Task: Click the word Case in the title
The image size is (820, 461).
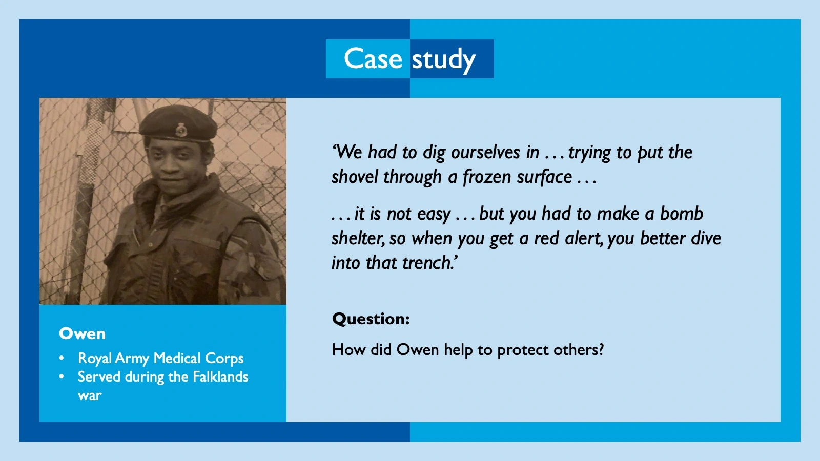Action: [373, 58]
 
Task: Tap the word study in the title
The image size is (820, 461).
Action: [444, 60]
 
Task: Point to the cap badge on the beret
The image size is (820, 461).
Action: [181, 130]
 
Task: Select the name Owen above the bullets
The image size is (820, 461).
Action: [82, 333]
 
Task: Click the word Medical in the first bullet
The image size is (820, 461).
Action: [177, 358]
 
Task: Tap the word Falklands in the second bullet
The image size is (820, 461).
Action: [220, 377]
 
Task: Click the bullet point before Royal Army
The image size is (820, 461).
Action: [61, 358]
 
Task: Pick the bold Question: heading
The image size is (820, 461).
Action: [371, 319]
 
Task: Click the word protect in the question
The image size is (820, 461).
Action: [523, 350]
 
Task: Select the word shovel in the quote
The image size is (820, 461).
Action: [355, 177]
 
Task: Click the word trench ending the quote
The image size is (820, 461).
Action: [428, 263]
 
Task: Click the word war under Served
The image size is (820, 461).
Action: [90, 395]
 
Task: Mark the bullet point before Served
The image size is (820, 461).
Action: [61, 377]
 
